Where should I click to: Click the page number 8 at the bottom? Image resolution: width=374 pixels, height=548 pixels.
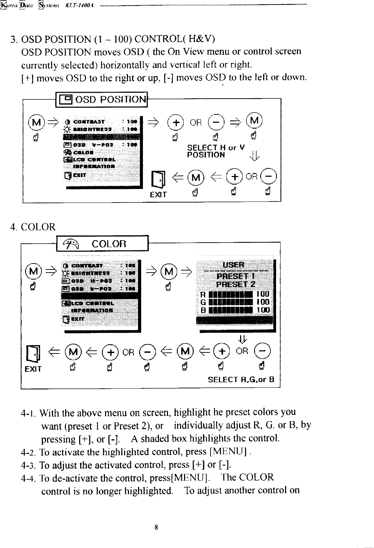pos(157,527)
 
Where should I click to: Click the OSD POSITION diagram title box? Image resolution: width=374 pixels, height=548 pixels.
pos(102,100)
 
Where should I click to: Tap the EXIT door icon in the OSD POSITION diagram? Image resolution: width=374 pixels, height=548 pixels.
pos(158,179)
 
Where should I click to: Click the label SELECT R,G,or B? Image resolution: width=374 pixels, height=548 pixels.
pos(241,379)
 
